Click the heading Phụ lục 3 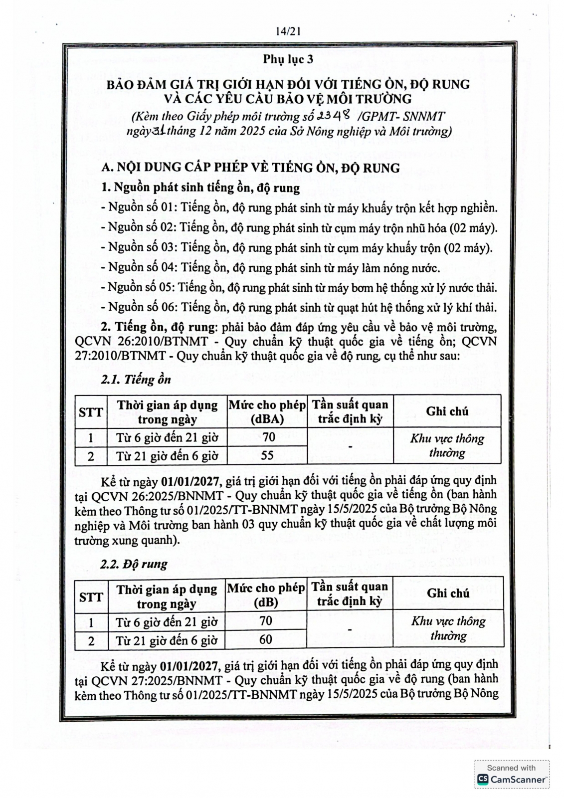coord(288,59)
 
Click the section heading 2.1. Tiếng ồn coord(136,379)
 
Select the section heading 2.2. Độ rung coord(134,564)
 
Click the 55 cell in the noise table coord(267,455)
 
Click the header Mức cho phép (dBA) coord(267,411)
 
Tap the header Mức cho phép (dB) coord(266,595)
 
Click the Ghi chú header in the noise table coord(447,411)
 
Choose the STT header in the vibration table coord(91,597)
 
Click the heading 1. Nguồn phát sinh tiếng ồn coord(200,188)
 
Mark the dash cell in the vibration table coord(350,630)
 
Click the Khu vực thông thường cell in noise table coord(447,445)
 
